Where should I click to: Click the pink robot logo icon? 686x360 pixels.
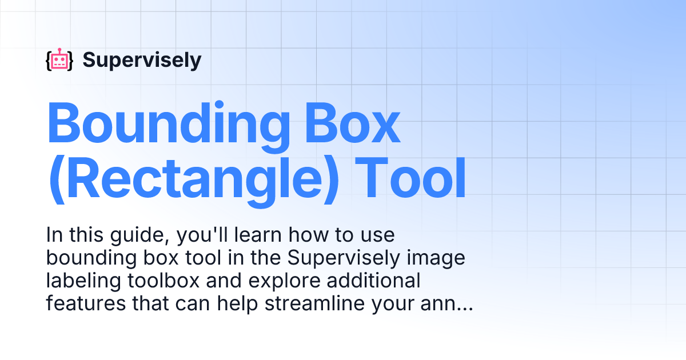59,59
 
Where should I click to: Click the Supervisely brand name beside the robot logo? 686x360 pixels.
142,61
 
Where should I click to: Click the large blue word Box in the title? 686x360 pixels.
353,123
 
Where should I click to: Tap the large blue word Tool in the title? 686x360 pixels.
410,178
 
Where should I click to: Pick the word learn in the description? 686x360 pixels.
258,235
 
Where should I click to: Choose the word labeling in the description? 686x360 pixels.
83,281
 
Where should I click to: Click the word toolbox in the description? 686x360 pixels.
164,281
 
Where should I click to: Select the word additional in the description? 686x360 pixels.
373,281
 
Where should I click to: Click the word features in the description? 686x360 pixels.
86,303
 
